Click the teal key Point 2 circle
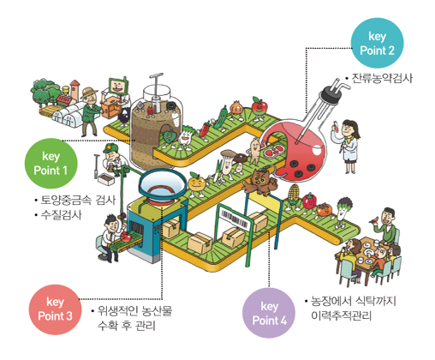(377, 43)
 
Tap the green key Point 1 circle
(51, 164)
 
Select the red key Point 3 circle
(55, 309)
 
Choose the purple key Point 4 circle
(269, 313)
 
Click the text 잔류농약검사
(382, 78)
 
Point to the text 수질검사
(61, 214)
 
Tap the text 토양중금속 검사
(78, 200)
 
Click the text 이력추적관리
(342, 315)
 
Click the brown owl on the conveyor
(260, 181)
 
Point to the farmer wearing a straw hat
(91, 111)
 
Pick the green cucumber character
(220, 118)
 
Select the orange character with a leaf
(196, 184)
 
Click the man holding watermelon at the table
(385, 225)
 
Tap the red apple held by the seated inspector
(126, 237)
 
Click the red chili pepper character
(205, 129)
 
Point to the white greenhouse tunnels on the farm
(69, 115)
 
